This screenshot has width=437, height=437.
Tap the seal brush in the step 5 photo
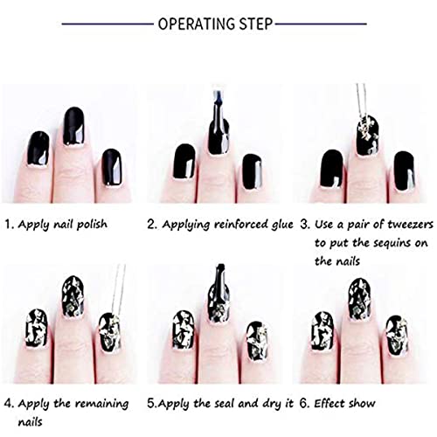pyautogui.click(x=214, y=306)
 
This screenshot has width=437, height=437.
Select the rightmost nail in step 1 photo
pyautogui.click(x=111, y=166)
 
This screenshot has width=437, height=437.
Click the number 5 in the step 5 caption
pyautogui.click(x=151, y=404)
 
